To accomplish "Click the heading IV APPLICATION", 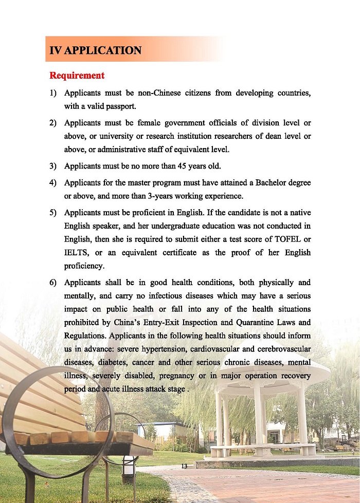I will pos(95,50).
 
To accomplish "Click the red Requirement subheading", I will pos(77,76).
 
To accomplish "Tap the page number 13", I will pos(185,466).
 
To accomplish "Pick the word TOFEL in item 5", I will pos(282,239).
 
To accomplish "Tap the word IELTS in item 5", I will pos(77,253).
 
